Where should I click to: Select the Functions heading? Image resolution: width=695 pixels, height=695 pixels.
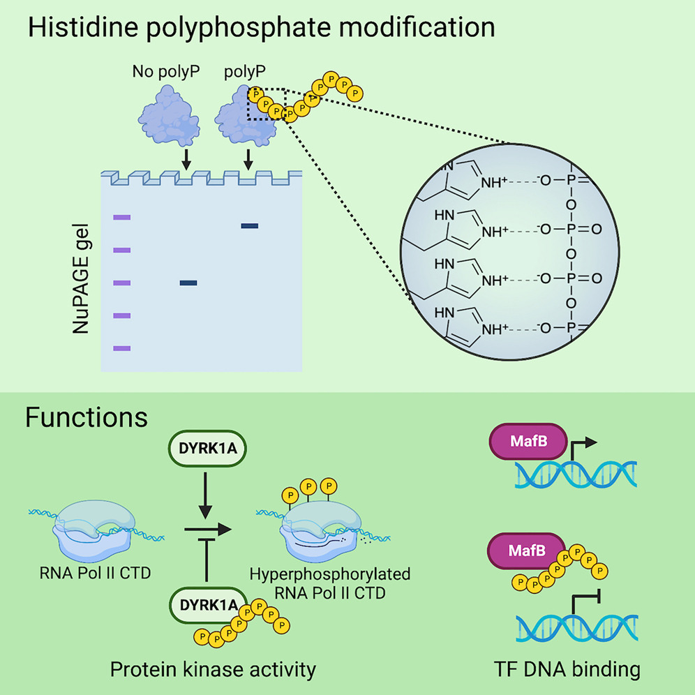click(87, 417)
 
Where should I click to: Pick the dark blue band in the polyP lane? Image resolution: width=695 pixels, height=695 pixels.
click(249, 225)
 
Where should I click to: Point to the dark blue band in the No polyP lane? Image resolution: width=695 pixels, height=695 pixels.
click(188, 283)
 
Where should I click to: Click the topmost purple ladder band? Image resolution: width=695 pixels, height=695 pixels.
click(121, 218)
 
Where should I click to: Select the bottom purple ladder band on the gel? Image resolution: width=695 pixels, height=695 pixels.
click(121, 348)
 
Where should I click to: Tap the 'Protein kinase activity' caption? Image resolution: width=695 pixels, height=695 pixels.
click(214, 669)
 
